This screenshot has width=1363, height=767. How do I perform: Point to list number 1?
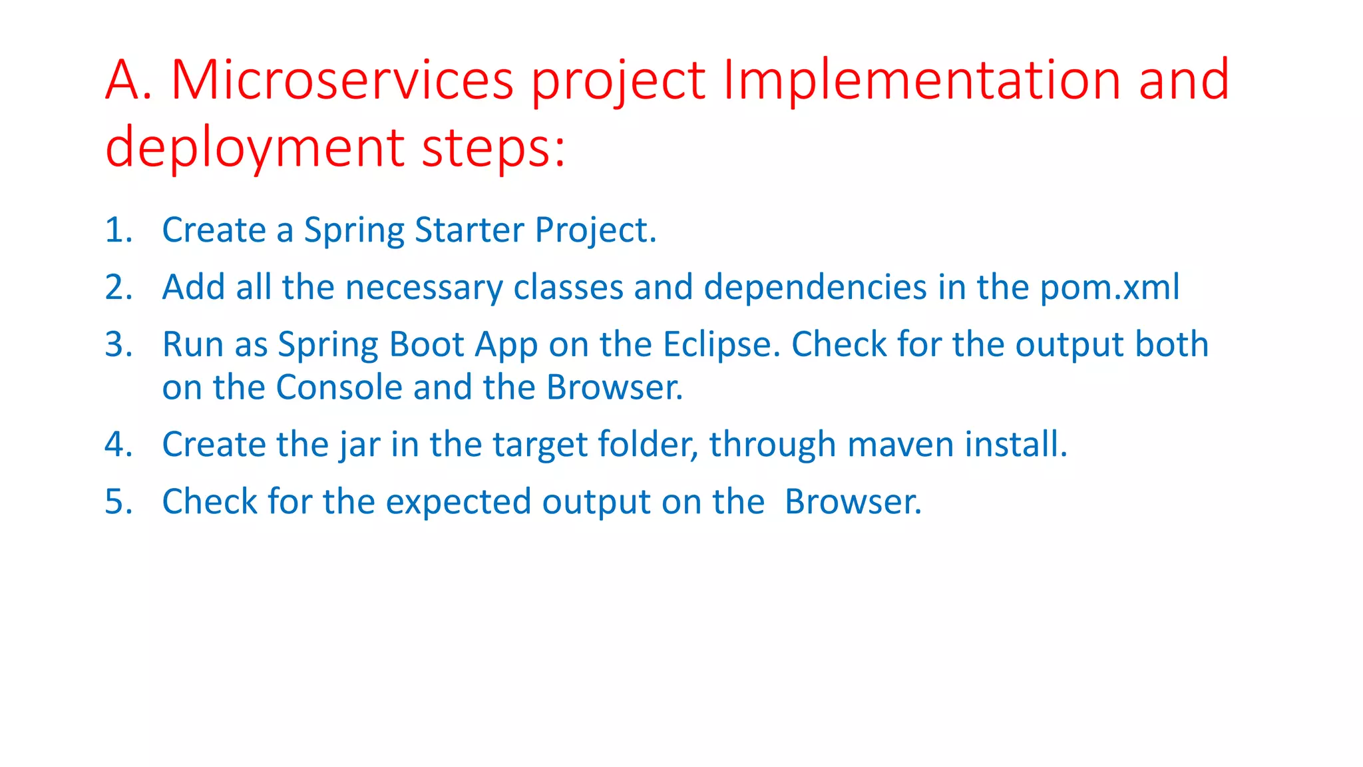pyautogui.click(x=118, y=230)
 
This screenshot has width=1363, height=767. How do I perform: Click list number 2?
pyautogui.click(x=118, y=288)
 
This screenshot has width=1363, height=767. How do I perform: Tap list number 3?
pyautogui.click(x=118, y=345)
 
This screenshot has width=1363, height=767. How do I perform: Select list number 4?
pyautogui.click(x=118, y=445)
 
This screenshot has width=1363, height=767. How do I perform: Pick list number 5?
pyautogui.click(x=118, y=502)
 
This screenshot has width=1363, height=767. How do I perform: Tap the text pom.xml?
pyautogui.click(x=1109, y=288)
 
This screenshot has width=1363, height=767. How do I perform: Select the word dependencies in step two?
pyautogui.click(x=815, y=288)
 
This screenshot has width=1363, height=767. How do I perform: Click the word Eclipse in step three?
pyautogui.click(x=721, y=345)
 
